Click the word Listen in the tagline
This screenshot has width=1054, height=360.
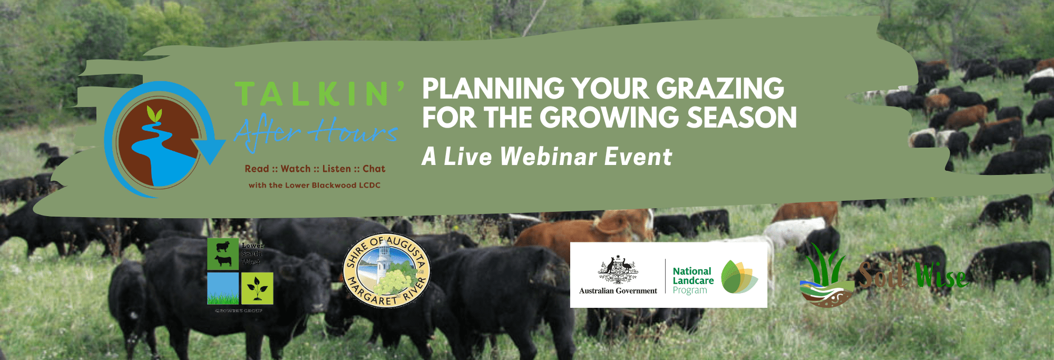point(336,169)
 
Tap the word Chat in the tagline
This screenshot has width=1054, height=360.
point(374,169)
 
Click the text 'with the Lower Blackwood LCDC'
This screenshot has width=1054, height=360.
point(314,185)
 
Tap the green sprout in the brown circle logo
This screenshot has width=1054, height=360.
point(154,114)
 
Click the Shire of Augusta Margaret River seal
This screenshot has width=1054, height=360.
point(386,271)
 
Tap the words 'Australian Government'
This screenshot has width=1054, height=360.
point(618,290)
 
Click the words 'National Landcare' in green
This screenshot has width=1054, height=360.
point(692,276)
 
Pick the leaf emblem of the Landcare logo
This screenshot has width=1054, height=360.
point(739,276)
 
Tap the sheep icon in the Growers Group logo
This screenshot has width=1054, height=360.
point(223,247)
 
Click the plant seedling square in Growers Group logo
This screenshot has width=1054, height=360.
point(257,288)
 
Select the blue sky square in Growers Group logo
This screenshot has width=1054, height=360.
point(222,288)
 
